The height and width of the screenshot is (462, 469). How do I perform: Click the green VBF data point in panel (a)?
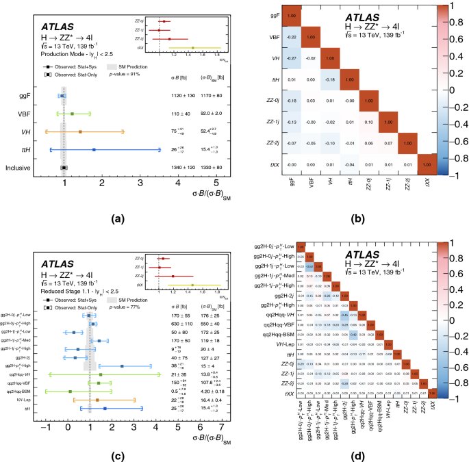(x=72, y=113)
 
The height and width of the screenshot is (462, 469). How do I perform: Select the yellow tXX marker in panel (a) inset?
(x=194, y=48)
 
